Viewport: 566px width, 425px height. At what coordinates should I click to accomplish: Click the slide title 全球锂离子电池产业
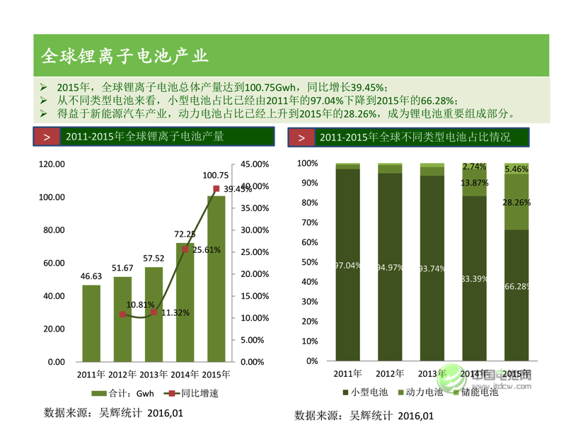click(x=125, y=55)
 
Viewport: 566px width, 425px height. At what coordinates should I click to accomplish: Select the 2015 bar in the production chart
click(x=216, y=283)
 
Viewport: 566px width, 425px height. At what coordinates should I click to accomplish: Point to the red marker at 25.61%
click(x=185, y=249)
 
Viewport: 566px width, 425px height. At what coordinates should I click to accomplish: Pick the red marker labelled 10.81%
click(x=122, y=314)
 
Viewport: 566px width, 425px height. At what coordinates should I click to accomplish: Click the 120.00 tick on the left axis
click(x=52, y=164)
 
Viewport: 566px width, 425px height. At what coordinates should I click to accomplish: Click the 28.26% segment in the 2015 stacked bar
click(x=516, y=202)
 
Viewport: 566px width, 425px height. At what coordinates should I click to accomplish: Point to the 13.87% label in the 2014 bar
click(x=474, y=183)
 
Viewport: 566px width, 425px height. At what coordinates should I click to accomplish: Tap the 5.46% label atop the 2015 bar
click(x=516, y=169)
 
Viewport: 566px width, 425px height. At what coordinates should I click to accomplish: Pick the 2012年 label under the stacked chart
click(x=390, y=373)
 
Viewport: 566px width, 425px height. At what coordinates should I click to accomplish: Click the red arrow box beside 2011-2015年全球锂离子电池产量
click(x=46, y=137)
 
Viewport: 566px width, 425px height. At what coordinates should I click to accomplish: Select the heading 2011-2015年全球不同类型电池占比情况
click(x=415, y=137)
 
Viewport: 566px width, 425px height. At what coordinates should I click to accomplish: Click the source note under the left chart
click(x=113, y=412)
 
